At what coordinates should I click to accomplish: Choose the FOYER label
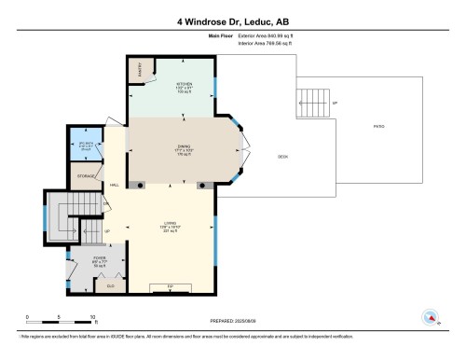coord(87,262)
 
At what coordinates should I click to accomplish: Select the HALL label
coord(114,185)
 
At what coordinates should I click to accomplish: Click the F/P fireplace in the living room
coord(171,284)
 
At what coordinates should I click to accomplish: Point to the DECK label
coord(281,157)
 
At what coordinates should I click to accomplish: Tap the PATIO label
coord(378,126)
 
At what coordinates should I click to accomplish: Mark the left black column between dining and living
coord(140,185)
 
